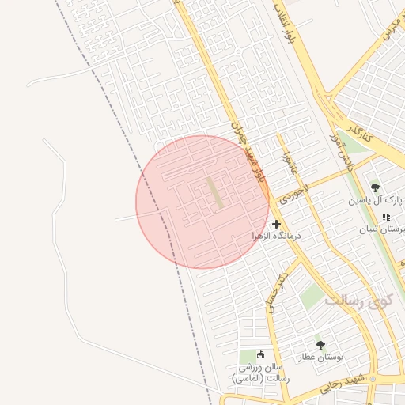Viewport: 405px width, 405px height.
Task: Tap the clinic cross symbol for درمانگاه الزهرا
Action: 276,225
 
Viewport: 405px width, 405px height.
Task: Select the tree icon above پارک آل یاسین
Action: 375,188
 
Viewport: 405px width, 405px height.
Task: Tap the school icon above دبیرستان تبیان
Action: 386,218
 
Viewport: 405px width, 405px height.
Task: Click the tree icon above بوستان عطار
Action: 320,345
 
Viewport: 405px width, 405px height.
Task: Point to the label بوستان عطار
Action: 320,358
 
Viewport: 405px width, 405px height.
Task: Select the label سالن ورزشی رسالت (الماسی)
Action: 261,373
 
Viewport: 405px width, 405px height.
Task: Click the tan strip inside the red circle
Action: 215,194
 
